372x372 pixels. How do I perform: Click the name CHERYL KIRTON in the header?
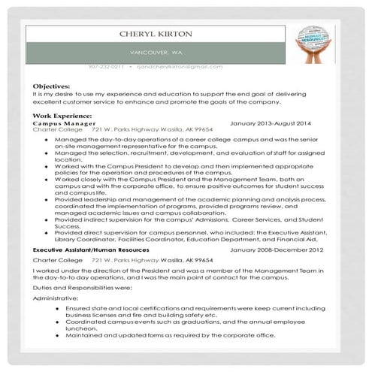(x=156, y=35)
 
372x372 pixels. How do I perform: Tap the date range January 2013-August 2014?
(x=271, y=122)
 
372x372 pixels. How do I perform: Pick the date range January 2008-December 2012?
(x=277, y=249)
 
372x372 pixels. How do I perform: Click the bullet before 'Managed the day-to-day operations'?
(x=47, y=139)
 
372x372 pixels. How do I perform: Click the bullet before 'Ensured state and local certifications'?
(x=59, y=308)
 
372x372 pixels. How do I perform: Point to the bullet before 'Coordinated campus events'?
(x=59, y=321)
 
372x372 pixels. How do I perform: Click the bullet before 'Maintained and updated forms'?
(x=59, y=334)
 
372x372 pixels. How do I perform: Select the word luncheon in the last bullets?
(x=82, y=328)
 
